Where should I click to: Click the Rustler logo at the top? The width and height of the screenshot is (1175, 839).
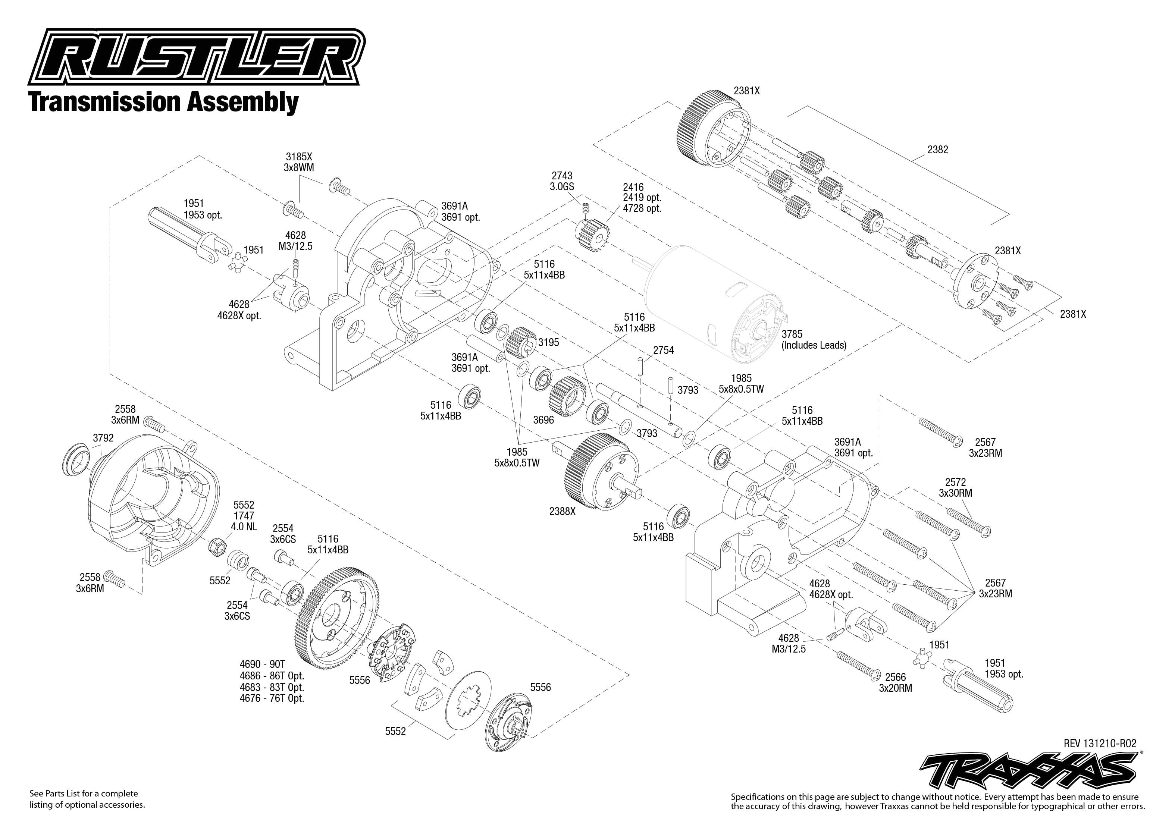196,58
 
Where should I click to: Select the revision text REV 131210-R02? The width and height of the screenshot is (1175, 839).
1100,744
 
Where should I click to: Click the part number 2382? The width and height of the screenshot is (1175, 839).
937,150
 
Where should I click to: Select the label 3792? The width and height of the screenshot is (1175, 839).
103,438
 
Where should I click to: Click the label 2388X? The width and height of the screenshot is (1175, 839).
562,512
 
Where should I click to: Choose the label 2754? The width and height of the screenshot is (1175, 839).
664,350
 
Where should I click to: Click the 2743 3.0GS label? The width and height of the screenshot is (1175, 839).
562,181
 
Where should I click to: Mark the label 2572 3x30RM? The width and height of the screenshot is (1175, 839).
955,488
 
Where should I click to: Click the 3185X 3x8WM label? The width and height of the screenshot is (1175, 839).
299,162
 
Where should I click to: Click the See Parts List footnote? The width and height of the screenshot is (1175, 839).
87,799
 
